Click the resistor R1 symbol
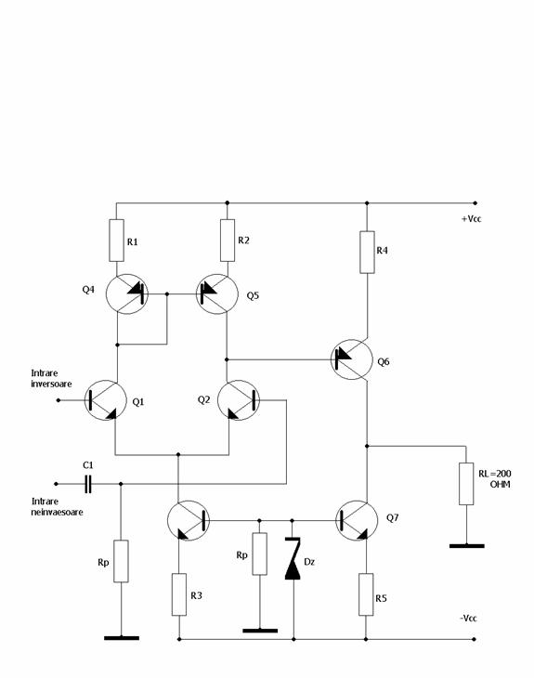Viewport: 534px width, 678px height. pos(116,241)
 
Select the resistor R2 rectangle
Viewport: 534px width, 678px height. pos(228,241)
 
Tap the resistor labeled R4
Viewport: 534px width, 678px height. pos(367,252)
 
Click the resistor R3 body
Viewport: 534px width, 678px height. pos(179,594)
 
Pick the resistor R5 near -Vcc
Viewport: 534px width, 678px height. pos(366,594)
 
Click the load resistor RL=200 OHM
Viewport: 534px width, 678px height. pos(466,483)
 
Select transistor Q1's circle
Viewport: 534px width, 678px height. pos(106,400)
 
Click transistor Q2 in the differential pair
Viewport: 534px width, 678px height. pos(239,400)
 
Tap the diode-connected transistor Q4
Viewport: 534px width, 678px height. pos(127,294)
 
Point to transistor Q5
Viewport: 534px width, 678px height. pos(217,294)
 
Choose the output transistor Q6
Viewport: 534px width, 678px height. pos(352,359)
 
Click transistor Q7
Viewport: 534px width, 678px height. pos(357,521)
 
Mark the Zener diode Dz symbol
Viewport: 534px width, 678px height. pos(293,558)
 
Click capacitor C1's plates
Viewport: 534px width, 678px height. pos(88,484)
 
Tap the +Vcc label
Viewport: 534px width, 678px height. pos(471,219)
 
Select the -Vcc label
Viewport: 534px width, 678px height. pos(468,619)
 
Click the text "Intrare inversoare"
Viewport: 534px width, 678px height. pos(51,378)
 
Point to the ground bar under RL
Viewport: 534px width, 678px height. pos(466,546)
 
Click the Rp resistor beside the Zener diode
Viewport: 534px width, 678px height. pos(259,554)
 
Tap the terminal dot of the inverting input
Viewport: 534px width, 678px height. pos(59,400)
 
